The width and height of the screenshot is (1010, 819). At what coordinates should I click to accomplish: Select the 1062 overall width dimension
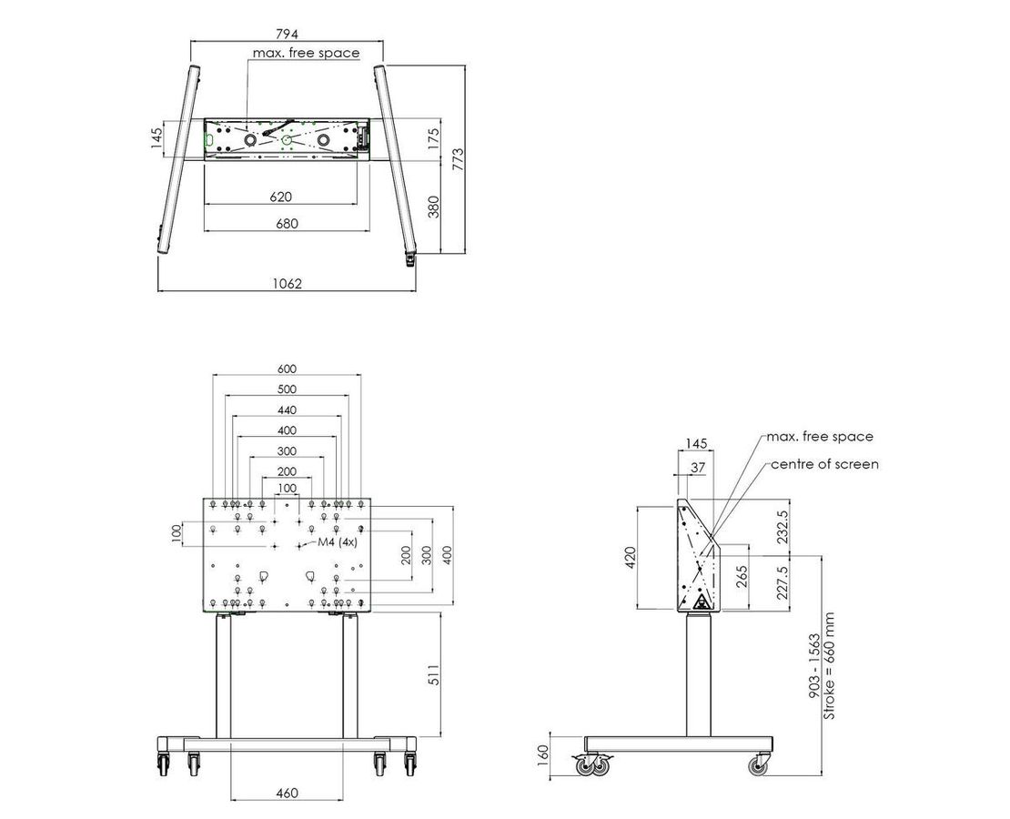(287, 283)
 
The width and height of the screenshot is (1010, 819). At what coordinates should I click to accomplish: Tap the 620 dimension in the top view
(280, 197)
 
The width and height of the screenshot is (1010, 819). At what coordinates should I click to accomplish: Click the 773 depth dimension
(460, 160)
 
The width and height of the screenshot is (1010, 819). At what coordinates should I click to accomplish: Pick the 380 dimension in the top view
(434, 207)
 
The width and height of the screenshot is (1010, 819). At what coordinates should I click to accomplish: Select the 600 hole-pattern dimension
(287, 369)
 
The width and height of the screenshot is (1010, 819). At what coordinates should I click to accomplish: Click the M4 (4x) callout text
(337, 542)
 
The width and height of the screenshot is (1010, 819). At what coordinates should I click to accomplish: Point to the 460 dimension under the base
(287, 793)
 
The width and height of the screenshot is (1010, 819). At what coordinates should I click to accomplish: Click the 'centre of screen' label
(824, 464)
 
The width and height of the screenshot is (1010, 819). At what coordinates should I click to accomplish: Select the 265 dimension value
(742, 577)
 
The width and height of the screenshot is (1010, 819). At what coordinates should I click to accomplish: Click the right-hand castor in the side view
(757, 765)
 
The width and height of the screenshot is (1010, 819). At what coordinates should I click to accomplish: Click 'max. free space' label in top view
(306, 53)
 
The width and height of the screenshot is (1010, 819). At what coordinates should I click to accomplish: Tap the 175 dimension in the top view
(434, 138)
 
